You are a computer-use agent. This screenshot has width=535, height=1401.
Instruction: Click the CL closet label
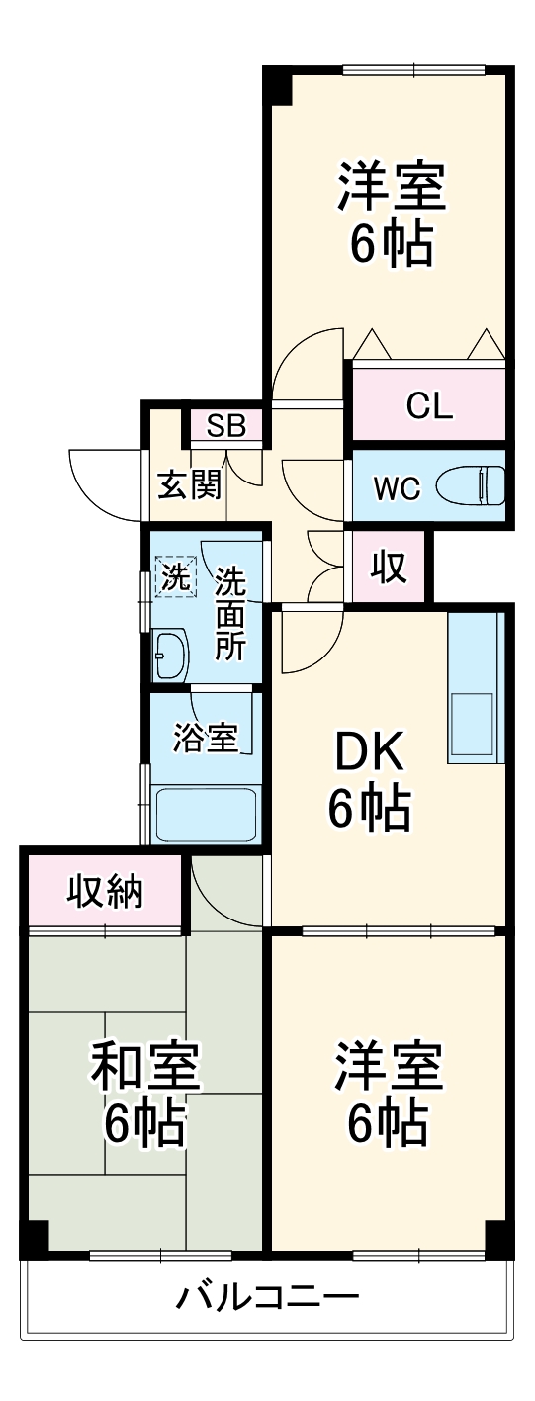click(x=428, y=405)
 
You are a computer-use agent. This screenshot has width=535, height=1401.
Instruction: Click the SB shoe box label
click(x=226, y=426)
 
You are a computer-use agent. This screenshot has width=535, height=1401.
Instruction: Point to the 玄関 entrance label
click(x=189, y=485)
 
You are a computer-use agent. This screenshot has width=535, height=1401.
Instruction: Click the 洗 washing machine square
click(x=174, y=577)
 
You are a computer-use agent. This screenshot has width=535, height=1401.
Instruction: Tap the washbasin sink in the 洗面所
click(x=171, y=655)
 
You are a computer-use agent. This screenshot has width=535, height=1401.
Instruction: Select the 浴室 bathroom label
click(x=205, y=738)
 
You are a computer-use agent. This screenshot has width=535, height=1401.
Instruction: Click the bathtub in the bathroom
click(x=207, y=814)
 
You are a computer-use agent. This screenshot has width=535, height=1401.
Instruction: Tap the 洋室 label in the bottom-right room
click(x=387, y=1064)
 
